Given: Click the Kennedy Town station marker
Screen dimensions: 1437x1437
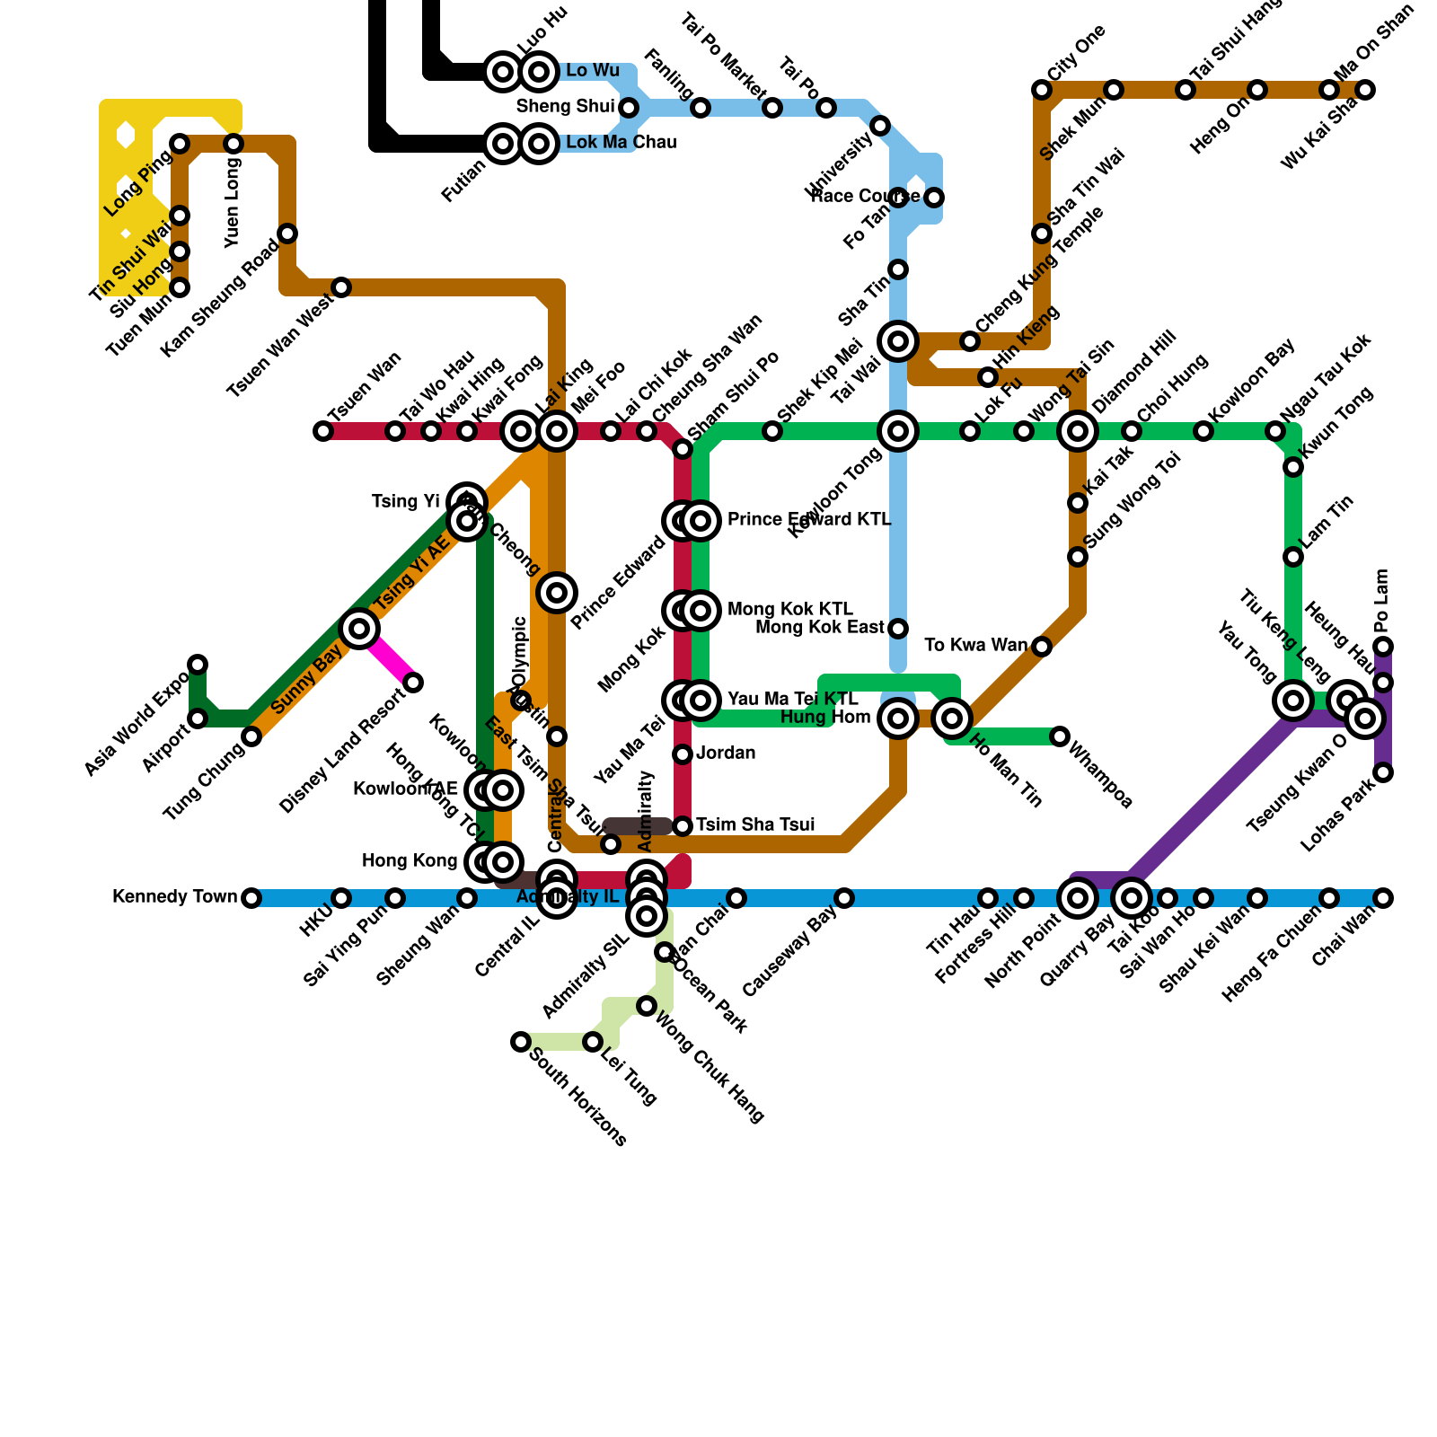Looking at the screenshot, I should (251, 898).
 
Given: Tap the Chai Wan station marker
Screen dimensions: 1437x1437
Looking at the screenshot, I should (1383, 898).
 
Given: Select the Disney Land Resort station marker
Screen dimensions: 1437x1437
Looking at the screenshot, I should (413, 683).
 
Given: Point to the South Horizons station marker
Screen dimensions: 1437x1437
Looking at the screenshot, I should (521, 1042).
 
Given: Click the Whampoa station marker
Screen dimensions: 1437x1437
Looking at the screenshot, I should (1060, 736).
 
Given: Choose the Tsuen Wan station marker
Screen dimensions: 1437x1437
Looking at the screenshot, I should (323, 431).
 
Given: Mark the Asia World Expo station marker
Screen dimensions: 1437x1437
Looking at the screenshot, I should (198, 665).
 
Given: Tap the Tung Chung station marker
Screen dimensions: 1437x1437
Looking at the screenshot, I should (251, 736).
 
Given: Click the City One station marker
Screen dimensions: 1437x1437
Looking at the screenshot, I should (1042, 90).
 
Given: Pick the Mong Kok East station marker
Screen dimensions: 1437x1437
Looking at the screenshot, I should (898, 629).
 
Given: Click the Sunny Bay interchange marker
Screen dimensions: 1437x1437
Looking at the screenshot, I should (359, 629).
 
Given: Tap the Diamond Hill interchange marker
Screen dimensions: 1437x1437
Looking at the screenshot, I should (1078, 431).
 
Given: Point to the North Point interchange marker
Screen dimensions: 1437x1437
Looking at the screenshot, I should (1078, 898).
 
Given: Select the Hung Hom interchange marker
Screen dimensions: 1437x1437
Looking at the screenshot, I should (898, 718).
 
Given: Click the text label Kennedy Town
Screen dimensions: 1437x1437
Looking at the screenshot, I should (175, 897).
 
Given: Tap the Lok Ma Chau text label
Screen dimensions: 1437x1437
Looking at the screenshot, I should (622, 143).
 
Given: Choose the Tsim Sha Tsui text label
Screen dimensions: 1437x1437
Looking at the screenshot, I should (755, 825).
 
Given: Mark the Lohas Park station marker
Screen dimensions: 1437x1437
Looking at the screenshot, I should (1383, 772).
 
